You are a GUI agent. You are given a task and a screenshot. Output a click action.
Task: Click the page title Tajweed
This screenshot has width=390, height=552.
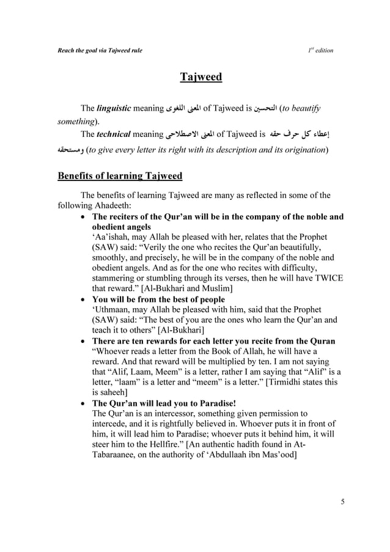point(201,77)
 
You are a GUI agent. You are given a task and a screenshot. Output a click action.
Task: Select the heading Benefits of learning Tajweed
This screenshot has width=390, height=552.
point(120,176)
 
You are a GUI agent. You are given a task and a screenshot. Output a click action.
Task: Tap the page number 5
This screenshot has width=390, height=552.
point(343,502)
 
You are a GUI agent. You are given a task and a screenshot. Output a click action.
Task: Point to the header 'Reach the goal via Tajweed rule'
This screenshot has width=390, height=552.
point(100,50)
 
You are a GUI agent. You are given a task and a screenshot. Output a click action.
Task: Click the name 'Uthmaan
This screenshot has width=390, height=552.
point(114,309)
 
